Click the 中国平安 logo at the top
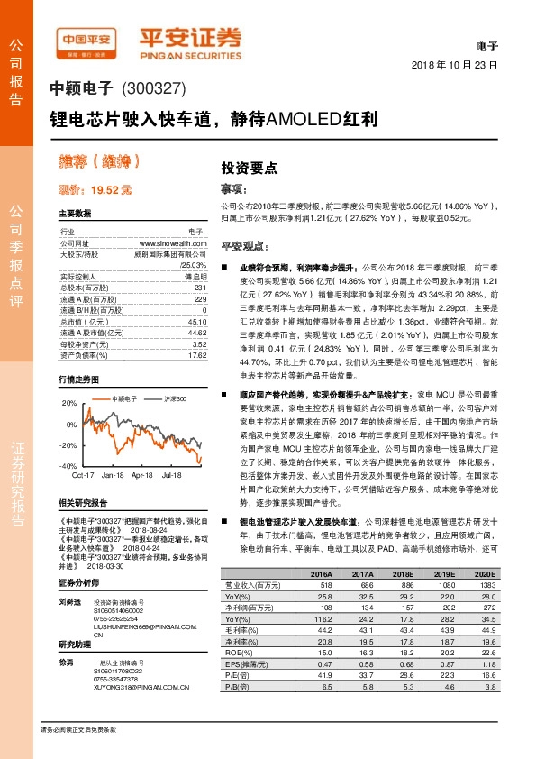tap(86, 40)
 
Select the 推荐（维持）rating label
tap(86, 163)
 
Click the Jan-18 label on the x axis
tap(113, 474)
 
